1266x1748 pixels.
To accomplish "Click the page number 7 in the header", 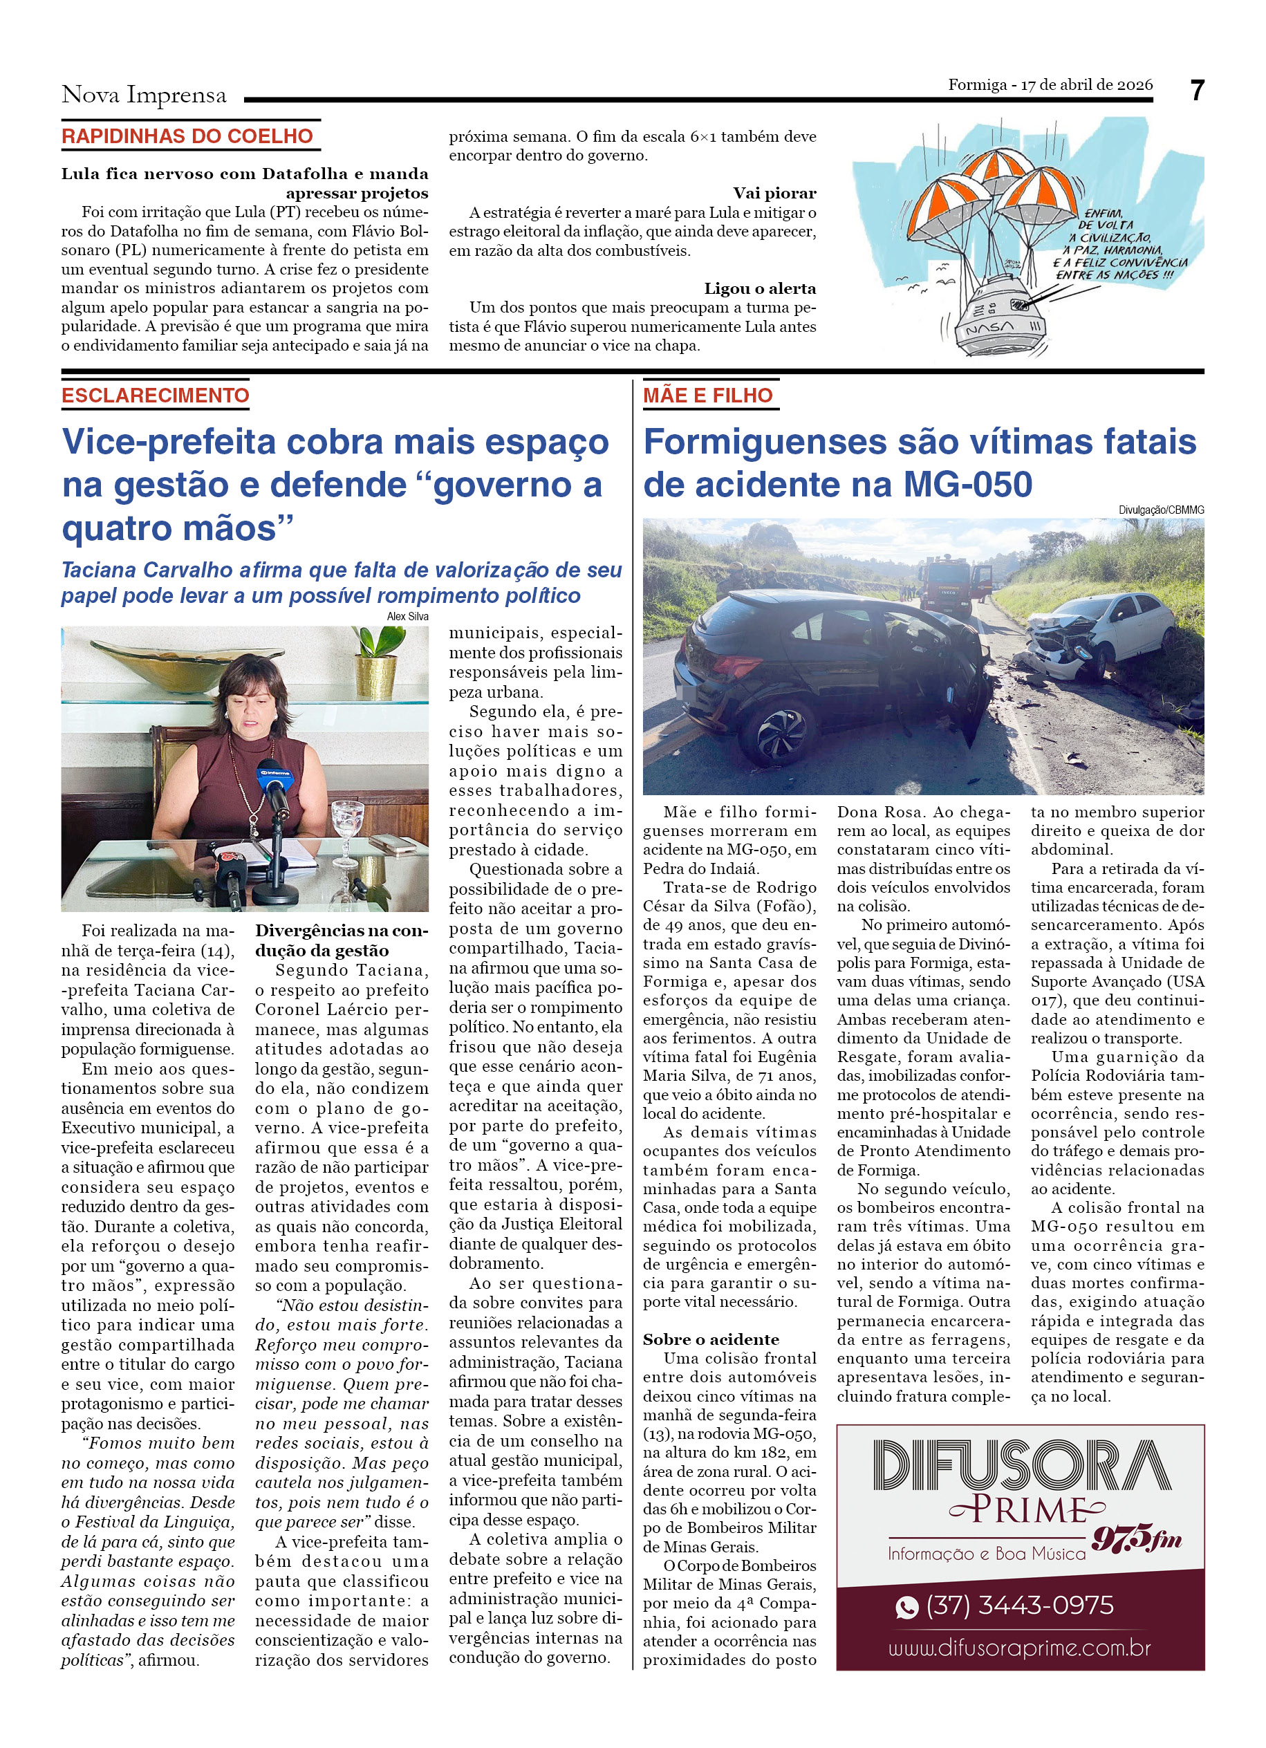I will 1196,91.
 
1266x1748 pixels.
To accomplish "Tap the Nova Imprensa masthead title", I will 144,95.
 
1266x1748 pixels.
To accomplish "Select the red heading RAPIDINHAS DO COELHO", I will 187,136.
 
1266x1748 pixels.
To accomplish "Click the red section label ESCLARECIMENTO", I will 156,396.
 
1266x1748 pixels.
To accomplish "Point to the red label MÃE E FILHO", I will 707,396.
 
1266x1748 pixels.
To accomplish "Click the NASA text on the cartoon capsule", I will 989,328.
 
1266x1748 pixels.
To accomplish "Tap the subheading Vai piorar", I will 774,193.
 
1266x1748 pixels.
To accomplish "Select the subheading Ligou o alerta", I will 760,288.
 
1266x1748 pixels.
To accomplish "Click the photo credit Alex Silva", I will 408,616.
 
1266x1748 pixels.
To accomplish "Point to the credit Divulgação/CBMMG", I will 1160,510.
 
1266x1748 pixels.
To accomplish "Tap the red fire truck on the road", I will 945,587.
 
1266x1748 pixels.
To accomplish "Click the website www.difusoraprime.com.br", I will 1019,1648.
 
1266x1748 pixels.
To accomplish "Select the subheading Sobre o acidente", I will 710,1339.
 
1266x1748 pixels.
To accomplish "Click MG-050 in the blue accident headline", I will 967,484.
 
